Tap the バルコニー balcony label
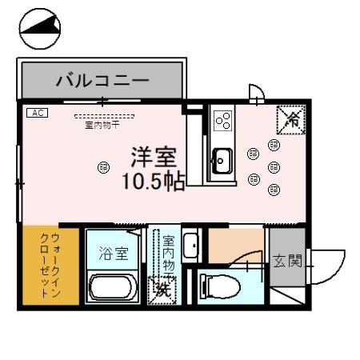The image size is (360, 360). tap(102, 81)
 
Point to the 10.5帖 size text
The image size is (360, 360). tap(154, 181)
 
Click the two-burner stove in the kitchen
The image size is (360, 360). tap(222, 121)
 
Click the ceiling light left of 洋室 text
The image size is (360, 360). tap(102, 166)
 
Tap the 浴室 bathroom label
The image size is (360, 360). tap(114, 254)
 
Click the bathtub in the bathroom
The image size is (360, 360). tap(115, 289)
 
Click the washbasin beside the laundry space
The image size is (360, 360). tap(190, 245)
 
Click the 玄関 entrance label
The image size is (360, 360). tap(287, 261)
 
